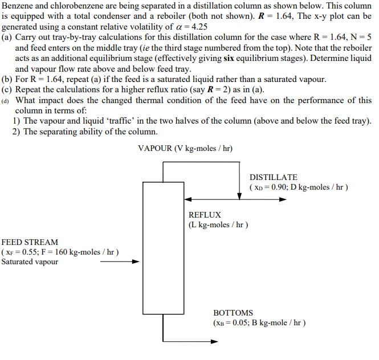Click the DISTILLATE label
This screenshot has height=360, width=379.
273,177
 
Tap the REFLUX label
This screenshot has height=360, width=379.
205,215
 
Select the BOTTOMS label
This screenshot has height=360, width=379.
233,313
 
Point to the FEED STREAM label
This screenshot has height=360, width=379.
30,242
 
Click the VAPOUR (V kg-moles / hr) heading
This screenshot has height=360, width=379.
185,149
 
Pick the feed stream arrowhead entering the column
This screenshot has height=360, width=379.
136,262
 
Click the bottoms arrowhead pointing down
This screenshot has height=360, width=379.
164,339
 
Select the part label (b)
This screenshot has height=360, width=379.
7,79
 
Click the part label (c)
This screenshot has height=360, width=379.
7,89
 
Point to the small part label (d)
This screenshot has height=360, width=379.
7,100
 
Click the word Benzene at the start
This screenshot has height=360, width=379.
18,6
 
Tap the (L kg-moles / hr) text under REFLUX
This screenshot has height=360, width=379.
218,224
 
